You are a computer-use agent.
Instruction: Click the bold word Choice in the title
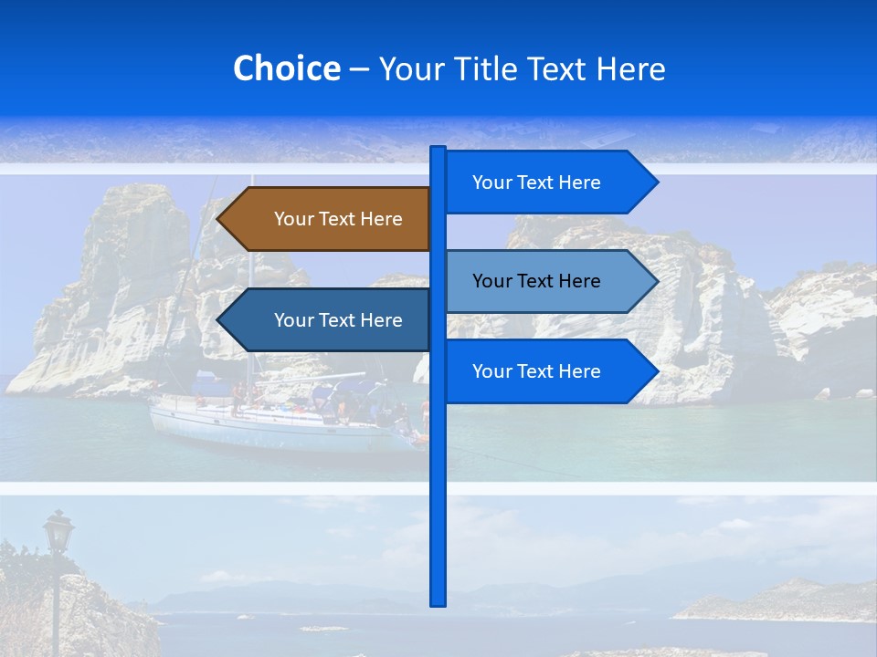point(286,68)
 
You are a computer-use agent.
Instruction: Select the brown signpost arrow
point(329,219)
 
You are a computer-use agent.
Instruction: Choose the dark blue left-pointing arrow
point(329,320)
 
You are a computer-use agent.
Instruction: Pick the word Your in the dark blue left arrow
point(292,320)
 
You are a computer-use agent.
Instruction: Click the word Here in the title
point(630,69)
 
